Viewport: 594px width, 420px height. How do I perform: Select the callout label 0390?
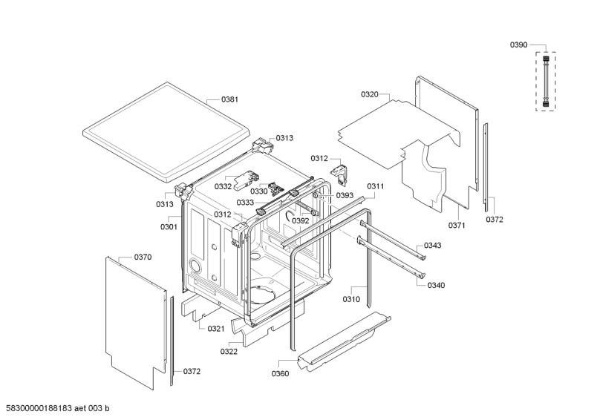click(x=518, y=45)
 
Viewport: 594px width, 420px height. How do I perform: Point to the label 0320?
click(x=370, y=94)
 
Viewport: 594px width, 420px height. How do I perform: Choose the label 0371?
click(x=457, y=224)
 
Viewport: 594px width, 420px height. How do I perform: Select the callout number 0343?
click(x=433, y=246)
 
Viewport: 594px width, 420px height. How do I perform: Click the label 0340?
click(x=437, y=285)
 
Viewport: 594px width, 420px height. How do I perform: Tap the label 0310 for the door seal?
click(x=351, y=299)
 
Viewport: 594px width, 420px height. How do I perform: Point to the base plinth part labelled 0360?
click(x=342, y=344)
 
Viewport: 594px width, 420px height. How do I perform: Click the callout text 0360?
click(x=279, y=373)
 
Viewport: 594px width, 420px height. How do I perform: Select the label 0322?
click(x=229, y=351)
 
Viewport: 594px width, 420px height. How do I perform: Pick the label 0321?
click(x=216, y=328)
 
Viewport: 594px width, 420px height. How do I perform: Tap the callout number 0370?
click(x=143, y=257)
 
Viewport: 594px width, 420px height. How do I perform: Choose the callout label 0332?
click(x=223, y=186)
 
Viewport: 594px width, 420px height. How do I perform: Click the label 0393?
click(x=344, y=195)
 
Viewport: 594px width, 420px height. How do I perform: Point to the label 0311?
click(x=375, y=186)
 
